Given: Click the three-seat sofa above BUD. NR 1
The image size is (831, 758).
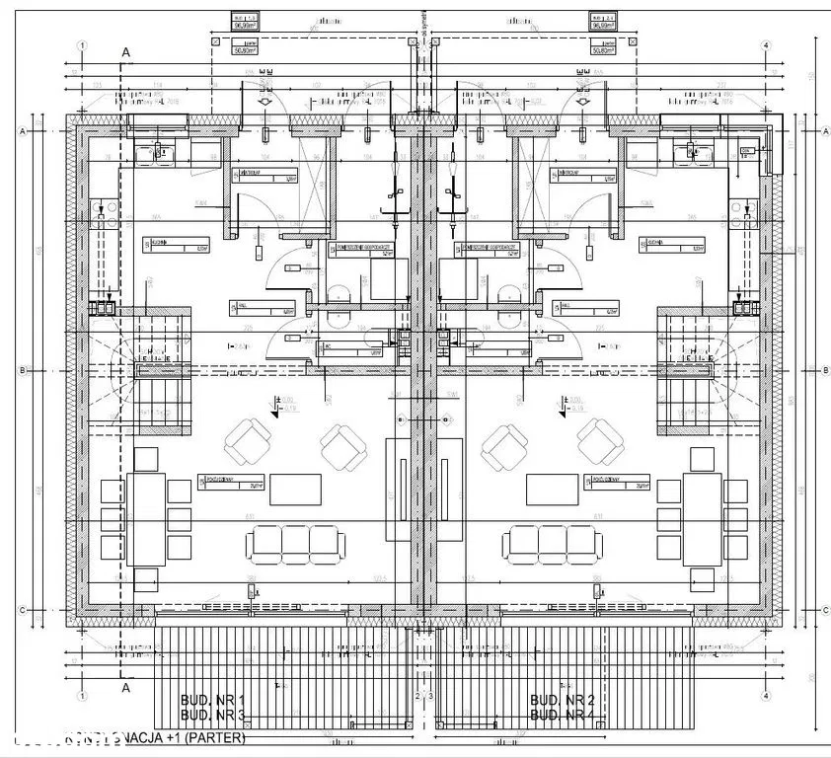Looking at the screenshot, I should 295,541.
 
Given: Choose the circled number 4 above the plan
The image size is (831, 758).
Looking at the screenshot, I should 766,45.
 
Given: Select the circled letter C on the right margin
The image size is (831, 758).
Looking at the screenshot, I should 824,609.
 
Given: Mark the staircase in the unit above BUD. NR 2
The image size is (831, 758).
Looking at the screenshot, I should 689,370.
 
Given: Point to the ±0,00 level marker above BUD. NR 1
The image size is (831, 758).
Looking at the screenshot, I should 284,401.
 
